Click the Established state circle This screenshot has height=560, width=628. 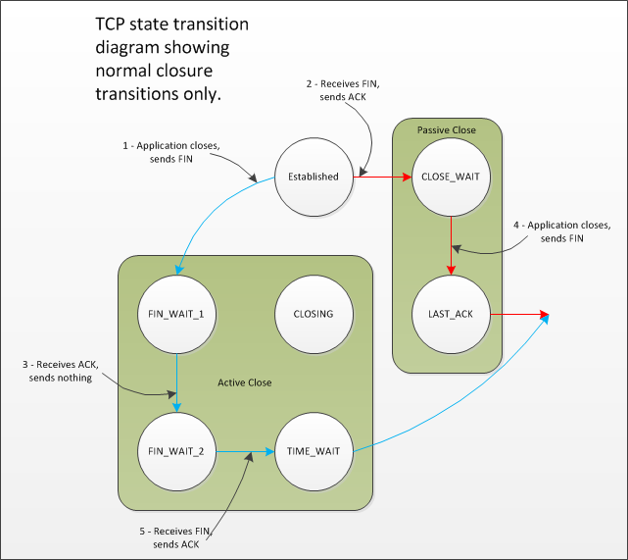click(x=314, y=177)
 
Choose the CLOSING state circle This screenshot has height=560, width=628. click(x=314, y=314)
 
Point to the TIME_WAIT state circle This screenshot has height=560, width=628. click(x=314, y=451)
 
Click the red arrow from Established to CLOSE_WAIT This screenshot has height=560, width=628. click(x=382, y=178)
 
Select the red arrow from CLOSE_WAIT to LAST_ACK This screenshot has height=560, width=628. click(x=451, y=245)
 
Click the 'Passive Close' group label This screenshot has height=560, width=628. click(x=447, y=130)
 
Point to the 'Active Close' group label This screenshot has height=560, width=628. click(x=245, y=382)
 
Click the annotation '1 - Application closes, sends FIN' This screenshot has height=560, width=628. click(x=171, y=151)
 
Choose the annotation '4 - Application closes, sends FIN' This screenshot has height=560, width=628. click(x=563, y=232)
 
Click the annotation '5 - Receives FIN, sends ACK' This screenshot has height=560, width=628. click(x=175, y=537)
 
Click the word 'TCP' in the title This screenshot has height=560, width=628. click(x=114, y=24)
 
